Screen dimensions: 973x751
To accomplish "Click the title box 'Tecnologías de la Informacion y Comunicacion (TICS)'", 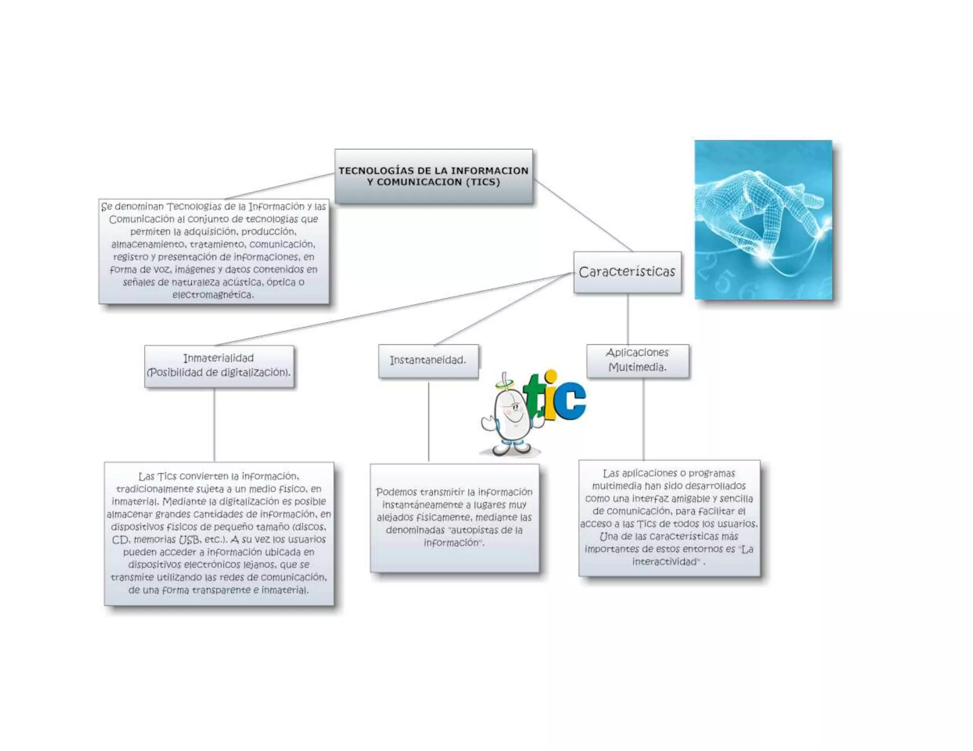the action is pos(433,176).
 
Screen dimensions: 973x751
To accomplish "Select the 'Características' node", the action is pos(627,272).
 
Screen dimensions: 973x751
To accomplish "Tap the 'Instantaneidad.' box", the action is pos(428,360).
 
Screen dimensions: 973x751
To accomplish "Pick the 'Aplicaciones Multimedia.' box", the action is pos(638,360).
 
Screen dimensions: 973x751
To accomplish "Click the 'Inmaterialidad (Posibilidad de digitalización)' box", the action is pos(219,366).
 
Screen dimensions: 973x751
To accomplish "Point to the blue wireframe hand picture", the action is pos(763,220).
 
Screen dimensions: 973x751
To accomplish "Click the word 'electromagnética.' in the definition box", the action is pos(213,295).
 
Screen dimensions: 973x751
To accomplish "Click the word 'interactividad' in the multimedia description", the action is pos(666,562).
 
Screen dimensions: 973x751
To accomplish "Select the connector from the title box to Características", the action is pos(582,215).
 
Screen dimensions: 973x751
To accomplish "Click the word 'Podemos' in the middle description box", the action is pos(396,492).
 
